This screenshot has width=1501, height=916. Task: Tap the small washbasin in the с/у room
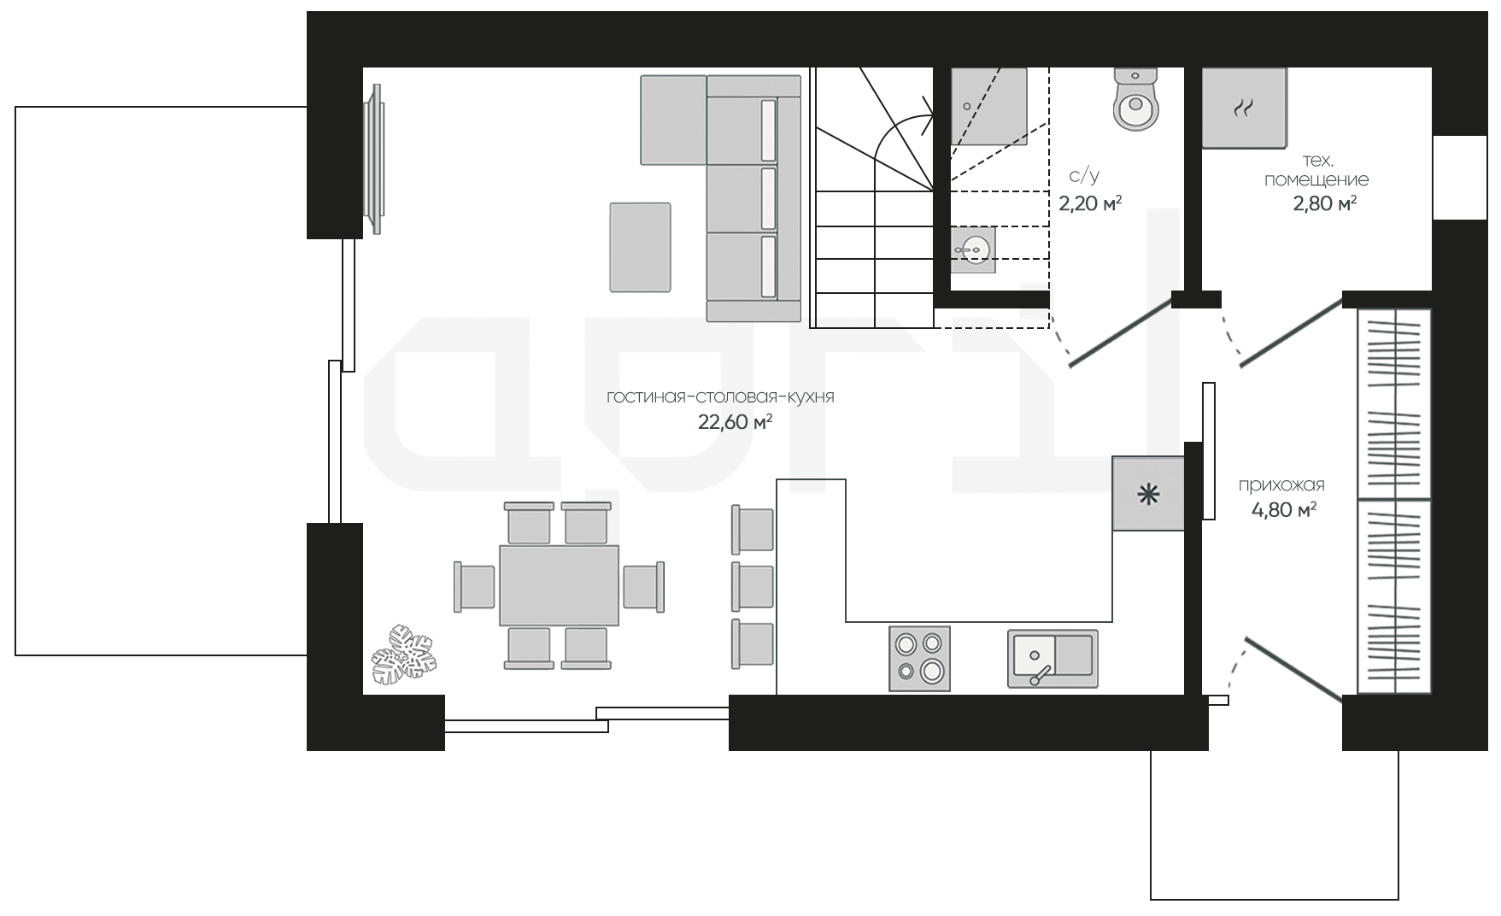(x=973, y=250)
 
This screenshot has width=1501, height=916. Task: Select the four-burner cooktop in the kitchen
(x=920, y=658)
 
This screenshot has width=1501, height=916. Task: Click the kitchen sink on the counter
(x=1052, y=659)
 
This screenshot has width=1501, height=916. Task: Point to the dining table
(x=560, y=586)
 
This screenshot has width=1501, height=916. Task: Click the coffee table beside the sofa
(x=640, y=247)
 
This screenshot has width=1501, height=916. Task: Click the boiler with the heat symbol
(x=1244, y=108)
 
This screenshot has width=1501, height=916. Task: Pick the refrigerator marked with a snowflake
(x=1148, y=493)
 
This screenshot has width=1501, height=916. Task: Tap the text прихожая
(x=1281, y=485)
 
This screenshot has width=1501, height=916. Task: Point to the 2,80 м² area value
(x=1325, y=203)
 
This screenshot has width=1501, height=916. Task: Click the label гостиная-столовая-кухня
(x=720, y=396)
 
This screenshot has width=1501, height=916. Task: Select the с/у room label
(x=1084, y=176)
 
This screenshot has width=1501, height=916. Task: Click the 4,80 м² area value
(x=1283, y=510)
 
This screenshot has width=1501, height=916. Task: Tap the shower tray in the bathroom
(x=989, y=107)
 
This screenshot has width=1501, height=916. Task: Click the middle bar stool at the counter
(x=753, y=586)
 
